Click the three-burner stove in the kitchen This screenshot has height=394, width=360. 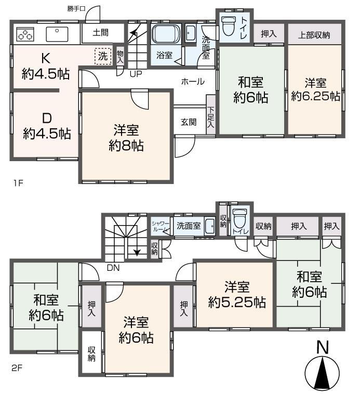pyautogui.click(x=25, y=34)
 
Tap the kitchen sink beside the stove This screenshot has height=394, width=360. pyautogui.click(x=57, y=34)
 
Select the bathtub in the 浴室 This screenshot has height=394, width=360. pyautogui.click(x=166, y=34)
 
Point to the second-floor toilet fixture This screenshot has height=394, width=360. pyautogui.click(x=238, y=219)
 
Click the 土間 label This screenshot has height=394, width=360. pyautogui.click(x=100, y=32)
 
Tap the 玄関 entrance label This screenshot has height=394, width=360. pyautogui.click(x=189, y=122)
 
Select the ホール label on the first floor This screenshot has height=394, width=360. pyautogui.click(x=193, y=82)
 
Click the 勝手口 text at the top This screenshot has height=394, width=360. pyautogui.click(x=76, y=8)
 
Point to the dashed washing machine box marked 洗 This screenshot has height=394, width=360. pyautogui.click(x=103, y=56)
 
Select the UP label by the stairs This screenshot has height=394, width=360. pyautogui.click(x=136, y=74)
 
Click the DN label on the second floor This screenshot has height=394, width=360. pyautogui.click(x=113, y=268)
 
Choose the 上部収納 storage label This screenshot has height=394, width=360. pyautogui.click(x=314, y=35)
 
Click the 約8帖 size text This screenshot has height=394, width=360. pyautogui.click(x=126, y=146)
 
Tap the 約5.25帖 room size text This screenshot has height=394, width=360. pyautogui.click(x=237, y=303)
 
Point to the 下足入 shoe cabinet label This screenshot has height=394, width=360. pyautogui.click(x=210, y=117)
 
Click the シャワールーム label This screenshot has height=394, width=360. pyautogui.click(x=160, y=226)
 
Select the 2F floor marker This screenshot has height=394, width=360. pyautogui.click(x=17, y=368)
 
